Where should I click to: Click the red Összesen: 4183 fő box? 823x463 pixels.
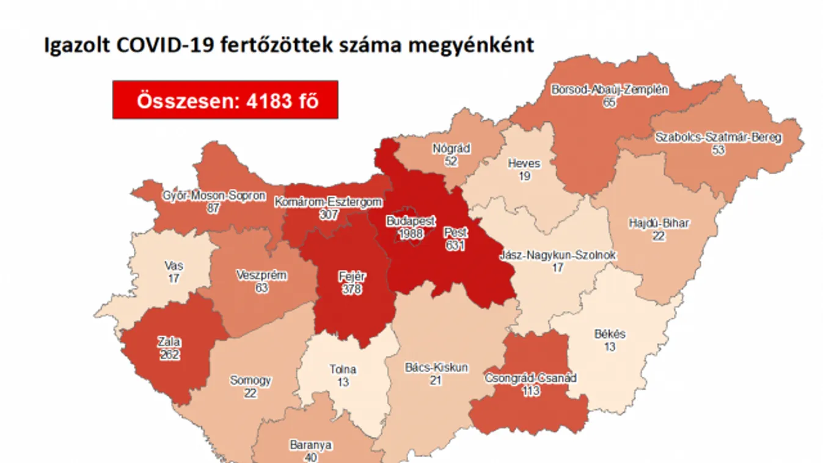click(225, 100)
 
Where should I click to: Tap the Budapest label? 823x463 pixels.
click(410, 221)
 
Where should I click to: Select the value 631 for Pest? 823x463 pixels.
click(455, 245)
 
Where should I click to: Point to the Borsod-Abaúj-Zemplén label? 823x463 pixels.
click(609, 90)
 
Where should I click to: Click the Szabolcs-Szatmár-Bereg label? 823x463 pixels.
click(718, 137)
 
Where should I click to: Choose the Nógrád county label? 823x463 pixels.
click(451, 148)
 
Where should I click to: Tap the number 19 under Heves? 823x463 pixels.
click(524, 176)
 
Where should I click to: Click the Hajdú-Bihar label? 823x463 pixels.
click(659, 223)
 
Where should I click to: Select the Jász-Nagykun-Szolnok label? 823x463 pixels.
click(557, 255)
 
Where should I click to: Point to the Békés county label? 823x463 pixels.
click(609, 334)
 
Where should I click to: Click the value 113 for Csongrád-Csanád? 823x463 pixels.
click(530, 391)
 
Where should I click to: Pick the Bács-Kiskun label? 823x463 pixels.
click(436, 368)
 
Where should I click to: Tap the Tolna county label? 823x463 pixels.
click(343, 370)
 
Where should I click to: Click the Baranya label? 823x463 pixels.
click(310, 445)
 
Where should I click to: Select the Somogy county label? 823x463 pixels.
click(250, 381)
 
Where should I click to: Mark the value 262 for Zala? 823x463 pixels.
click(169, 354)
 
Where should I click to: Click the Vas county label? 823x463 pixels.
click(174, 266)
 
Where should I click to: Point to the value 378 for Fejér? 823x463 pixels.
click(352, 289)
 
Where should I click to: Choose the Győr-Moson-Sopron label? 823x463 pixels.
click(214, 196)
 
